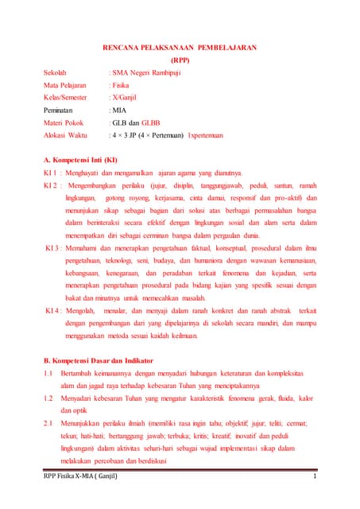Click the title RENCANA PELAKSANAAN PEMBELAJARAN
(x=180, y=47)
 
